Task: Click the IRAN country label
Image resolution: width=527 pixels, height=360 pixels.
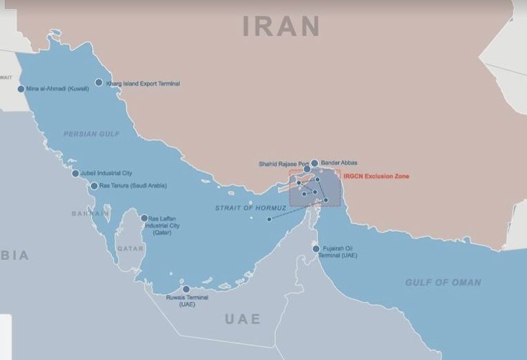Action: pos(281,26)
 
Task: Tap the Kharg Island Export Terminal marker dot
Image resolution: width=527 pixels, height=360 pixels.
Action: pos(99,82)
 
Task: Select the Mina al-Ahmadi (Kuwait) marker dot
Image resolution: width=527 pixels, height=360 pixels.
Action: pos(21,88)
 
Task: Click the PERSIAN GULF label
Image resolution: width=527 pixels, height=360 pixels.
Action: pos(92,134)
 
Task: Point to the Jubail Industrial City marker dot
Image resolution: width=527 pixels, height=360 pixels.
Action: pos(75,173)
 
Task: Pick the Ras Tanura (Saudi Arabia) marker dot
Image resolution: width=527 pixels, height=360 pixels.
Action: pos(94,186)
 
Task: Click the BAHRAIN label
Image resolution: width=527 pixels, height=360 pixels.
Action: pos(90,214)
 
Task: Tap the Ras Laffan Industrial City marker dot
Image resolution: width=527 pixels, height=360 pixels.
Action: pos(144,219)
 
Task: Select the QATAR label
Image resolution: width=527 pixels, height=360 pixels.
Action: pos(130,248)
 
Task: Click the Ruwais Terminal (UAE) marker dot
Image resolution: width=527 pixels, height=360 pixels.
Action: pos(186,290)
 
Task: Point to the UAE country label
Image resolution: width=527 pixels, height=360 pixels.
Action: pos(243,319)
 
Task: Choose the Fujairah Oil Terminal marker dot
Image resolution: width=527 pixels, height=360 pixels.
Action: pos(316,249)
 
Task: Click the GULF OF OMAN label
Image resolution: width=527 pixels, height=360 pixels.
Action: pos(443,283)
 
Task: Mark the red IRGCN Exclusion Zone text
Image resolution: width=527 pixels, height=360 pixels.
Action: pos(376,177)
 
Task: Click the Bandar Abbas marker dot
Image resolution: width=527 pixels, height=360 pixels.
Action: pos(315,163)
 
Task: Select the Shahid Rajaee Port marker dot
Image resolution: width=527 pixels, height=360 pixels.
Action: pos(307,169)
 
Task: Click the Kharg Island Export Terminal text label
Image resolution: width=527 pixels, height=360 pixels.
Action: pos(143,83)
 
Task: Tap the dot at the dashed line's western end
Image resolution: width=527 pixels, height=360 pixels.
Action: pos(269,219)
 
